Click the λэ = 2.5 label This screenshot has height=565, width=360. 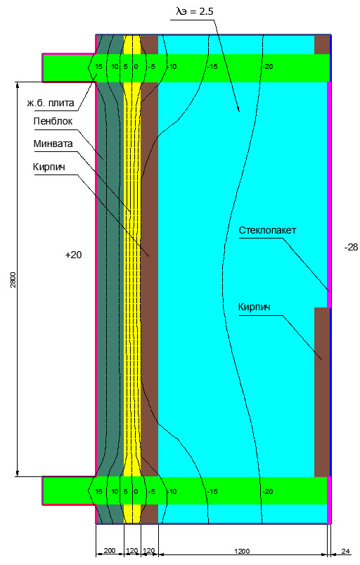(194, 12)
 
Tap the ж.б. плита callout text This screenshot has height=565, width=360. (51, 103)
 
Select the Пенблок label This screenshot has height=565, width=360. (53, 121)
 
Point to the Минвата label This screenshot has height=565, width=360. (53, 144)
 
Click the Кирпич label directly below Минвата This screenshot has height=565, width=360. (49, 167)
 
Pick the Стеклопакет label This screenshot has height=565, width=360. (267, 230)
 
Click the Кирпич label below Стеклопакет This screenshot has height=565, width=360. (254, 307)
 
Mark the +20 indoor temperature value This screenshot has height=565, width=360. (73, 255)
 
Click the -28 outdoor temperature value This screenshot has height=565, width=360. (351, 247)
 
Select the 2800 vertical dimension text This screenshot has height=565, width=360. (13, 279)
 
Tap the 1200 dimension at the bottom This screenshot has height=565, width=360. (242, 552)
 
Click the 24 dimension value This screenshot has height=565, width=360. (345, 552)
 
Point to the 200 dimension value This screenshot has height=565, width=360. (110, 551)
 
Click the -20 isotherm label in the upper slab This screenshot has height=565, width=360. (267, 67)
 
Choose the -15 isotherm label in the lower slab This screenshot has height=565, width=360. (212, 492)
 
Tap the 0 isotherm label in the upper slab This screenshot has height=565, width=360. (136, 67)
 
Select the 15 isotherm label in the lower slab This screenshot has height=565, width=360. (98, 492)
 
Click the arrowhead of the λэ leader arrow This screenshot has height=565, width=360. (238, 109)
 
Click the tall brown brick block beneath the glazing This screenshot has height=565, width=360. (322, 392)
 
